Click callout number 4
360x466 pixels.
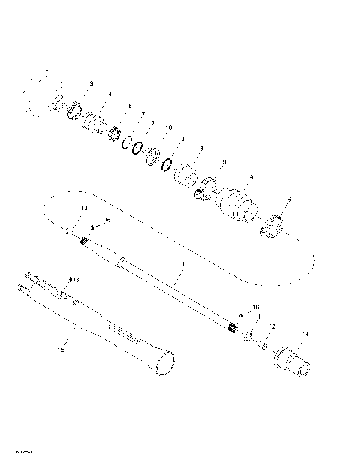pyautogui.click(x=109, y=94)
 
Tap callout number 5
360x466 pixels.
pyautogui.click(x=129, y=107)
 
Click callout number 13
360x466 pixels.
pyautogui.click(x=74, y=279)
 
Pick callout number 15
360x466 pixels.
pyautogui.click(x=61, y=349)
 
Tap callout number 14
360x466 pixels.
pyautogui.click(x=304, y=335)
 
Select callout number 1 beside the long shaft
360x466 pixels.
pyautogui.click(x=182, y=264)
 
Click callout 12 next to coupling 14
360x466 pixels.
pyautogui.click(x=272, y=326)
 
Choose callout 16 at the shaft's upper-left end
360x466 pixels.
pyautogui.click(x=107, y=219)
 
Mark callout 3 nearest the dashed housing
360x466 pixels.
pyautogui.click(x=91, y=83)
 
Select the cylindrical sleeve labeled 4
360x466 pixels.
pyautogui.click(x=95, y=120)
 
